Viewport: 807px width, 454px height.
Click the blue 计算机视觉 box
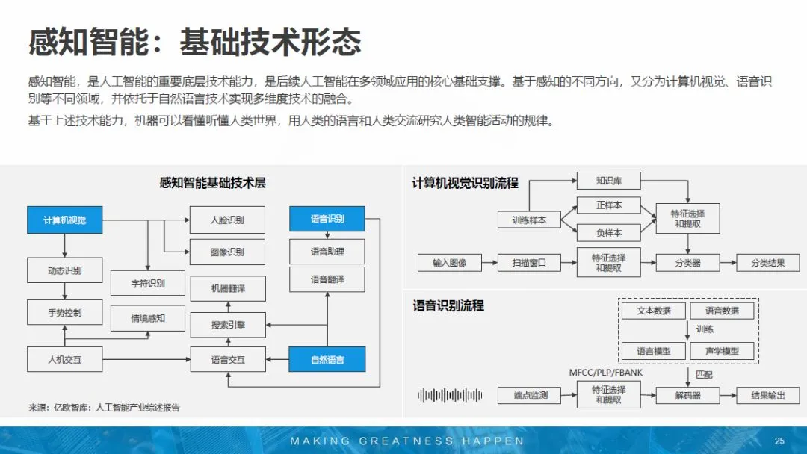[x=64, y=220]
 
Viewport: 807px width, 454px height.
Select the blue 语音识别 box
[x=327, y=219]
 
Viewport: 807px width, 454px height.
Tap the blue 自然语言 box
[x=327, y=360]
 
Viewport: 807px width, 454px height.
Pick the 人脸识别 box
[x=227, y=220]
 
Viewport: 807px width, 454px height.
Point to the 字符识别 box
[x=148, y=283]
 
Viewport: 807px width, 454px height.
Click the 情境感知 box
[x=148, y=318]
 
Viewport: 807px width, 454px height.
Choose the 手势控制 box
[x=64, y=312]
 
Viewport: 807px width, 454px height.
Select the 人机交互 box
[x=64, y=360]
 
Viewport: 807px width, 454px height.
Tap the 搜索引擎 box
[x=228, y=325]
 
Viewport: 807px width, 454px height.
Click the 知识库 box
[x=609, y=181]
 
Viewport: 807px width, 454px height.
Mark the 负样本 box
[x=609, y=232]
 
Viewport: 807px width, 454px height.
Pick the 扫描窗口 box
[x=529, y=263]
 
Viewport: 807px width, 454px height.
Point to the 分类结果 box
[x=767, y=263]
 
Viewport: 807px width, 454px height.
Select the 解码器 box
[x=688, y=395]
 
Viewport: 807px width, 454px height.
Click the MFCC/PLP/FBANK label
[x=606, y=372]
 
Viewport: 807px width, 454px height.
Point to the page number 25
[x=779, y=441]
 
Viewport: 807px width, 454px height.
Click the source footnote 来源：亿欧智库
[x=105, y=408]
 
